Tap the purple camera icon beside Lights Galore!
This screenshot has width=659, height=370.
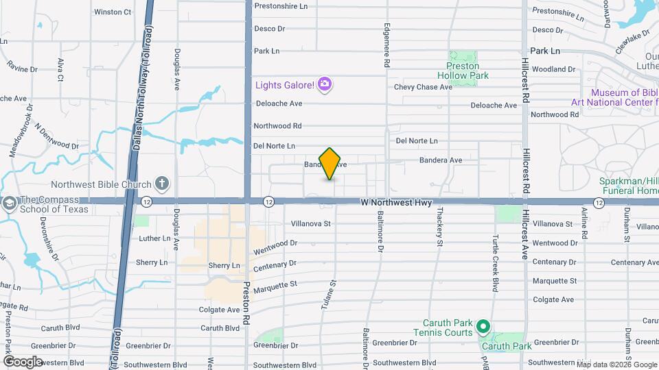tap(325, 85)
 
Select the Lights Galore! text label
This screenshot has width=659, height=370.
tap(285, 85)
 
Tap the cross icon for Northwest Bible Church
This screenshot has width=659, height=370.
tap(162, 183)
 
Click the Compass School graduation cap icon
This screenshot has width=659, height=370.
tap(10, 203)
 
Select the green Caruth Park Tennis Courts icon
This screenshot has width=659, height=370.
tap(483, 328)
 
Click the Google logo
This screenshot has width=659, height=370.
tap(23, 361)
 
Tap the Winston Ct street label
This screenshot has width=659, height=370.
tap(113, 12)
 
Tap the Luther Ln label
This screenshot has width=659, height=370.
tap(154, 238)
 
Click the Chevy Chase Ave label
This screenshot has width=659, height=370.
tap(423, 87)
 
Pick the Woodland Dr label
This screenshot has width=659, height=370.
tap(553, 69)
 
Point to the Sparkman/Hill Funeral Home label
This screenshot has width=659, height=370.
tap(628, 186)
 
